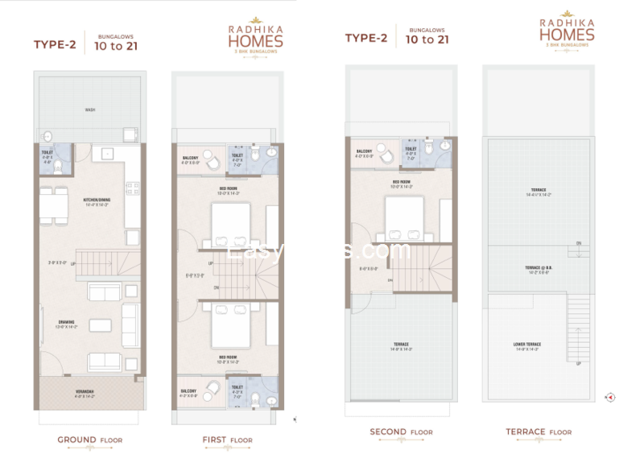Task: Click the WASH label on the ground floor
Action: click(89, 110)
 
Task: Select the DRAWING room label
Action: click(65, 324)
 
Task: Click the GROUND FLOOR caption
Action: click(89, 440)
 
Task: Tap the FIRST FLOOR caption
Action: click(227, 440)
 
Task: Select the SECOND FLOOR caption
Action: click(401, 432)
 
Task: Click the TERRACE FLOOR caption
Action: click(539, 432)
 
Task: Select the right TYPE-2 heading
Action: click(366, 38)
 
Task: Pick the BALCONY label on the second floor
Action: click(365, 152)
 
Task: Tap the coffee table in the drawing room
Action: click(101, 325)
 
